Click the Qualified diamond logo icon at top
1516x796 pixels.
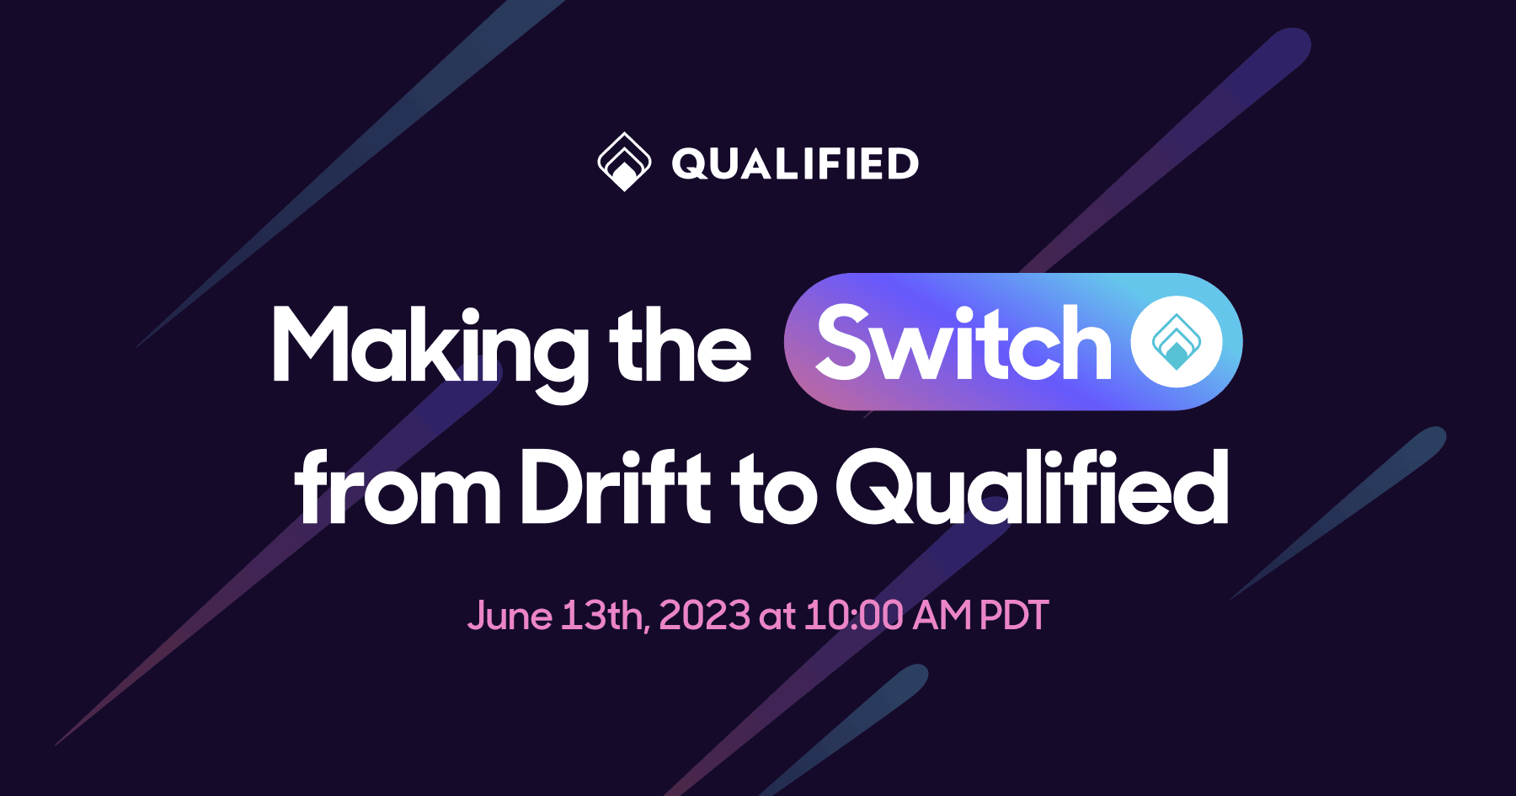(x=624, y=162)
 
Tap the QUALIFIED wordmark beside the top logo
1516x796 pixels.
(x=795, y=163)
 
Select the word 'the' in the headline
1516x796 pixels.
(x=680, y=345)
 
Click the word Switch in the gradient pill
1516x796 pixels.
(x=964, y=344)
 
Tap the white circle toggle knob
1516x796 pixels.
(x=1177, y=342)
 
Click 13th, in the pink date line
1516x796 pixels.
(x=606, y=616)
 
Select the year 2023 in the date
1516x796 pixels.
(x=704, y=616)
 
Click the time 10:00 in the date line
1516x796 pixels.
(x=854, y=616)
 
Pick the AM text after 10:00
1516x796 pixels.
(x=942, y=616)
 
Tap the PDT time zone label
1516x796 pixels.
(x=1015, y=616)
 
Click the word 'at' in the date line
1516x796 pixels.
(x=777, y=617)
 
